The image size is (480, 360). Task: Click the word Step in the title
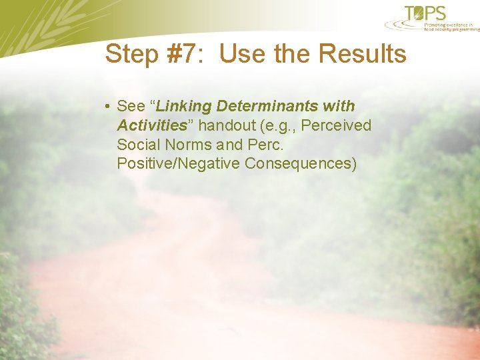[131, 55]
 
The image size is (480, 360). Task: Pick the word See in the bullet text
[130, 106]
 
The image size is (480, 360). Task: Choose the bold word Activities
[151, 125]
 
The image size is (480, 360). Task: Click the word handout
[227, 125]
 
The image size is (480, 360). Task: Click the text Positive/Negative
[178, 164]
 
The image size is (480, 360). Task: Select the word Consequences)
[301, 164]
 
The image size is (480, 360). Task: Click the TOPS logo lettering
[426, 13]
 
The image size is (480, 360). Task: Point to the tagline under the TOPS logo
[451, 27]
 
